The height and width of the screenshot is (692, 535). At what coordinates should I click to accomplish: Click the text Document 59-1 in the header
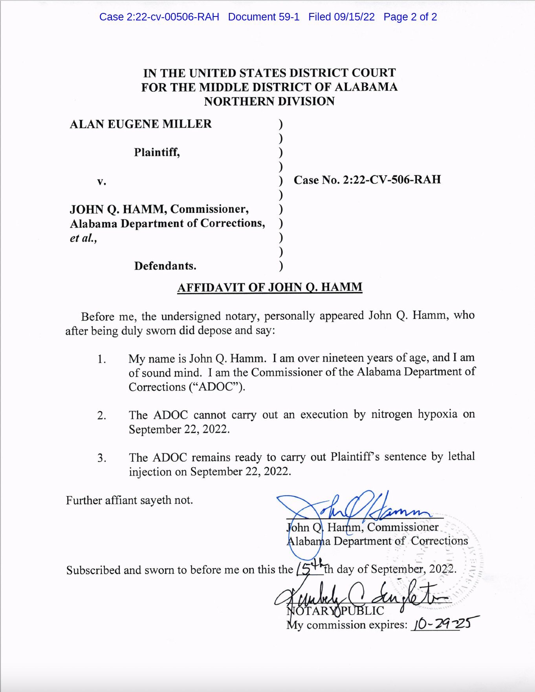coord(264,17)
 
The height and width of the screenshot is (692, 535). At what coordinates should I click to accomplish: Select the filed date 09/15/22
coord(354,17)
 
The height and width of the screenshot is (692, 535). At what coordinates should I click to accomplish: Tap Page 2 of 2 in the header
coord(410,17)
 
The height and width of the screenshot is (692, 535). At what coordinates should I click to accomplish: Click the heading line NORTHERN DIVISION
coord(269,101)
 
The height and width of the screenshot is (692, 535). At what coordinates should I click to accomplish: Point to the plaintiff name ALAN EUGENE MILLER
coord(141,124)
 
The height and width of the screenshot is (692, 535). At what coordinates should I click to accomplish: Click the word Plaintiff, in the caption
coord(157,152)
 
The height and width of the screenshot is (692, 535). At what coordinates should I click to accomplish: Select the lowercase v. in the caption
coord(102,181)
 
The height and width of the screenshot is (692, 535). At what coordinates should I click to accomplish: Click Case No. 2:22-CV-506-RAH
coord(367,180)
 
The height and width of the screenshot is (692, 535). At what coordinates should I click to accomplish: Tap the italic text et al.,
coord(83,238)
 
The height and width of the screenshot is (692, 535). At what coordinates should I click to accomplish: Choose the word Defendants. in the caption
coord(165,266)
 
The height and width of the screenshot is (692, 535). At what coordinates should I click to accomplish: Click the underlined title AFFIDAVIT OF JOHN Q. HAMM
coord(269,287)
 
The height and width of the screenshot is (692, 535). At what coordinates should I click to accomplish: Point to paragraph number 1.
coord(102,359)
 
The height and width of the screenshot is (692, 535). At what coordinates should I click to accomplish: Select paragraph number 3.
coord(102,458)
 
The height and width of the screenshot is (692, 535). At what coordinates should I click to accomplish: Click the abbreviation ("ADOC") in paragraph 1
coord(217,387)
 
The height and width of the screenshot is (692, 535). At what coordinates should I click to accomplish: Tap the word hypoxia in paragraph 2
coord(437,414)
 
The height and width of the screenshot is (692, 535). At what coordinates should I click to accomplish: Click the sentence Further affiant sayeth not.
coord(129,500)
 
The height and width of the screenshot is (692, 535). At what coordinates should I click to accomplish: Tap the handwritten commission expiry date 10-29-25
coord(444,623)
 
